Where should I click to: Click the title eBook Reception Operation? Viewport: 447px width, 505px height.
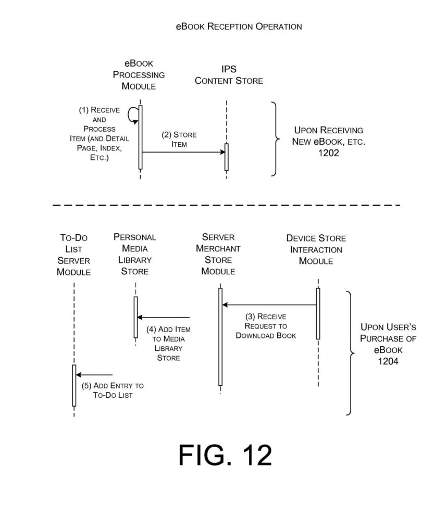pos(239,26)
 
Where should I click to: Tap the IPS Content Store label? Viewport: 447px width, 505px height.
pos(229,75)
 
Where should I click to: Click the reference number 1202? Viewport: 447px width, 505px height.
pos(328,153)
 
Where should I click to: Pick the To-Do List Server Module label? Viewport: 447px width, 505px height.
pos(74,255)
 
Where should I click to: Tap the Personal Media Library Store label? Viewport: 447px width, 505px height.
pos(135,254)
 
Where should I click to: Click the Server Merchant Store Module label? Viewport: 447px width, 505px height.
pos(218,254)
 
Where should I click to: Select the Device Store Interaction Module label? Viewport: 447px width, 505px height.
pos(316,249)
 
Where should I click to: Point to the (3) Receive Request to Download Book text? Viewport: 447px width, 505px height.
pos(265,326)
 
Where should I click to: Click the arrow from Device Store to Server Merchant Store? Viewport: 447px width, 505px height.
pos(269,305)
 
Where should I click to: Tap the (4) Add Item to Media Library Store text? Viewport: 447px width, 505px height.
pos(168,344)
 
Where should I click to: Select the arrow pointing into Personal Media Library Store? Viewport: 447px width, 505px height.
pos(163,318)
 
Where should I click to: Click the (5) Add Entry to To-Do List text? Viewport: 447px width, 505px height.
pos(113,390)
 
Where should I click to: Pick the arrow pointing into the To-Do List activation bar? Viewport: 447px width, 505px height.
pos(94,375)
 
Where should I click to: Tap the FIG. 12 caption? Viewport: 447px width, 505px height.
pos(225,456)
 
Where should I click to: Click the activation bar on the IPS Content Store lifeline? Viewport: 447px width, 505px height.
pos(227,156)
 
